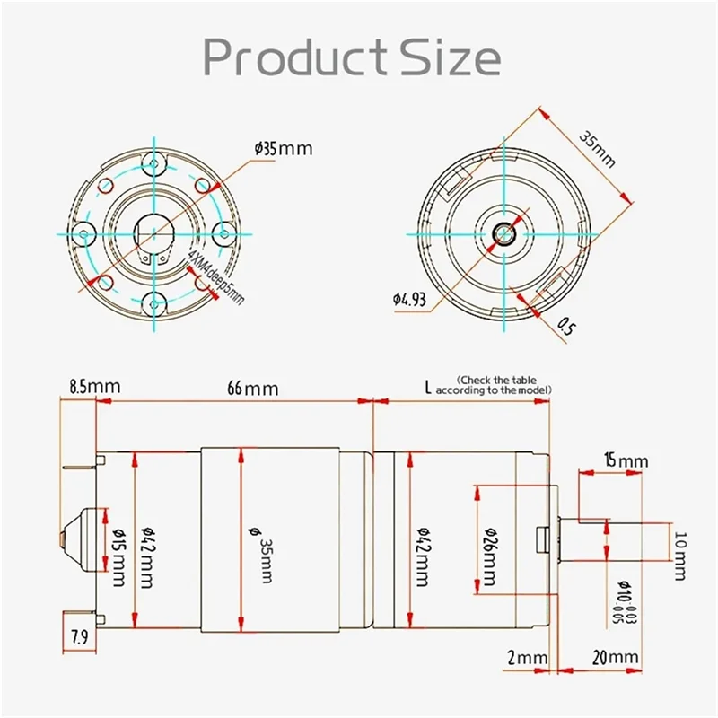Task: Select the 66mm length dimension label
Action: (x=252, y=389)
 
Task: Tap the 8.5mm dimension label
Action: (x=94, y=387)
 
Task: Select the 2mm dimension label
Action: (x=527, y=658)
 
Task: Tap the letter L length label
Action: (x=429, y=388)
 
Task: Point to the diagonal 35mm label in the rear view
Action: (x=598, y=150)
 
